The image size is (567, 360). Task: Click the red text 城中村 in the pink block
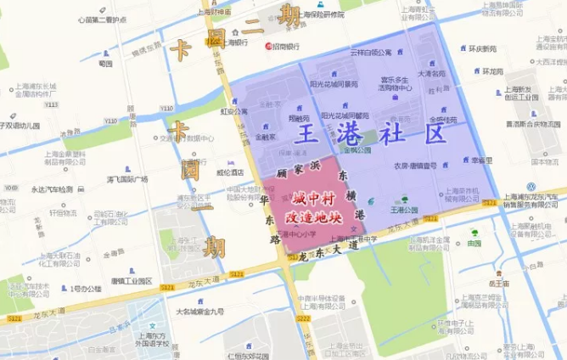click(x=312, y=197)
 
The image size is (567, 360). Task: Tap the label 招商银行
click(x=287, y=46)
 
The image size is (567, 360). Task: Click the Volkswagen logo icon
click(x=532, y=187)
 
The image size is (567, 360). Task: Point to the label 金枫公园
click(x=357, y=149)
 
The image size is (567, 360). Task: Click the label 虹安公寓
click(x=234, y=110)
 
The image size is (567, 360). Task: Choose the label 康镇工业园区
click(x=132, y=281)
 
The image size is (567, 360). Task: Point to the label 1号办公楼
click(x=86, y=289)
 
